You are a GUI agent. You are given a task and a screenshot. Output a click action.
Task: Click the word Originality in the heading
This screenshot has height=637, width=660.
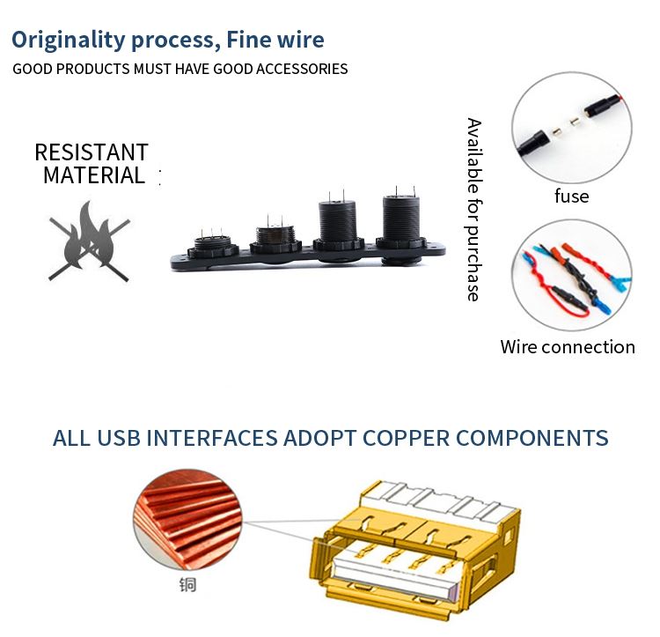pos(68,41)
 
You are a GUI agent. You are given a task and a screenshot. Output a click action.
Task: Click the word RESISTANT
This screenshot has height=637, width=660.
pos(92,152)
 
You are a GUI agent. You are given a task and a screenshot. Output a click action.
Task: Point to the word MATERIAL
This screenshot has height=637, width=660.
pos(94,175)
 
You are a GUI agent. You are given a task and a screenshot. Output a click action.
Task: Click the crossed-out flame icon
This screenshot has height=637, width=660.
pos(89,241)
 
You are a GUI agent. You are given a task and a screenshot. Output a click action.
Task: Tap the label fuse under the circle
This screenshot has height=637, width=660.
pos(572,196)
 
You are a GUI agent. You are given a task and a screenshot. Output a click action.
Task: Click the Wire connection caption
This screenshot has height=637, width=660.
pos(568,347)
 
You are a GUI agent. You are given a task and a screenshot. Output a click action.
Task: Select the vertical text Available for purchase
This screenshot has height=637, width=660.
pos(474,210)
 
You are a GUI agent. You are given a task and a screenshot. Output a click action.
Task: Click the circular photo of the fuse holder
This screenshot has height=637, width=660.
pos(572,127)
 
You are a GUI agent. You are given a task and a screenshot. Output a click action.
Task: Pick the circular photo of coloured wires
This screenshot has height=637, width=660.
pos(572,275)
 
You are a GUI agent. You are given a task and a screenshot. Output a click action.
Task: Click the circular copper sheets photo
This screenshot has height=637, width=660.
pos(187,520)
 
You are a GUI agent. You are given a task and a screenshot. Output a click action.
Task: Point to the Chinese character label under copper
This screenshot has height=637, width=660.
pos(187,585)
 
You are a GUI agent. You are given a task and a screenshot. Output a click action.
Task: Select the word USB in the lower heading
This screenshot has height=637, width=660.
pos(119,438)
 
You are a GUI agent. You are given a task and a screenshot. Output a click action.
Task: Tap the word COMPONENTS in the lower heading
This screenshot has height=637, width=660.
pos(532,438)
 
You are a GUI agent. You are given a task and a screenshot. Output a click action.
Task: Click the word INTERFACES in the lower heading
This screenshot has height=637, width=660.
pos(212,438)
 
